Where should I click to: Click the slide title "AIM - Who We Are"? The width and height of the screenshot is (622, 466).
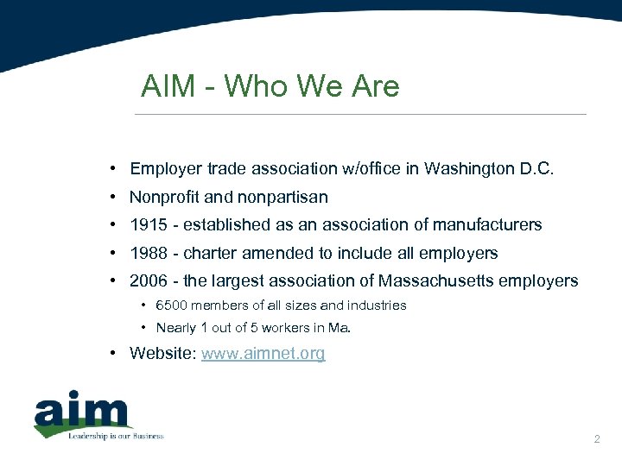pyautogui.click(x=270, y=86)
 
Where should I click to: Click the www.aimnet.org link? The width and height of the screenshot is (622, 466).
pyautogui.click(x=263, y=353)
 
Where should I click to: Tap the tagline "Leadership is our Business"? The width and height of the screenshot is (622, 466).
pyautogui.click(x=116, y=436)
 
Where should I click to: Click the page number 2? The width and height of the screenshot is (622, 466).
pyautogui.click(x=596, y=440)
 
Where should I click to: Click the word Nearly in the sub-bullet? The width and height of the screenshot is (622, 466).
pyautogui.click(x=176, y=328)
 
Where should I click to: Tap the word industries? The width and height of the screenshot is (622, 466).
pyautogui.click(x=377, y=305)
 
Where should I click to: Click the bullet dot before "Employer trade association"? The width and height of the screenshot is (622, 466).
pyautogui.click(x=113, y=169)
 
